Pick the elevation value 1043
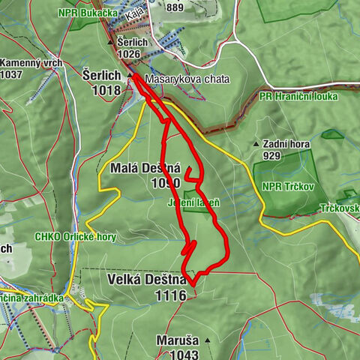(183, 354)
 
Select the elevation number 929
(271, 156)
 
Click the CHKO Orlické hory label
(75, 237)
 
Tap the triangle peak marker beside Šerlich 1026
(110, 43)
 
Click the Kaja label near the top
(134, 15)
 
